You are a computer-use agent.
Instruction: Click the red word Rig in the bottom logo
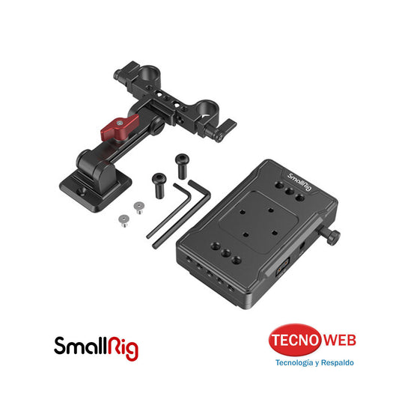click(122, 347)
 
